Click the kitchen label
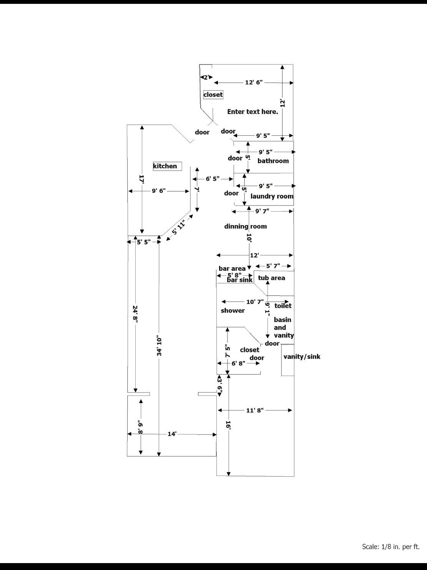(165, 166)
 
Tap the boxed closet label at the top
(213, 94)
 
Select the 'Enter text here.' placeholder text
(253, 112)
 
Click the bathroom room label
(273, 161)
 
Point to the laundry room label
(272, 196)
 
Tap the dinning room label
(245, 226)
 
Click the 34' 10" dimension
(159, 346)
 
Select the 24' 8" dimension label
(135, 315)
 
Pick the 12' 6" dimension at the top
(254, 82)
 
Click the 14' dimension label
(172, 434)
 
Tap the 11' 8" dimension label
(255, 410)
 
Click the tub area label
(271, 278)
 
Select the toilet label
(283, 306)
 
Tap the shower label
(233, 310)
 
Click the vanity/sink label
(302, 356)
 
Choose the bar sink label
(239, 280)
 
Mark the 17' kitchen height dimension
(142, 179)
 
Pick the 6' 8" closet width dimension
(238, 363)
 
